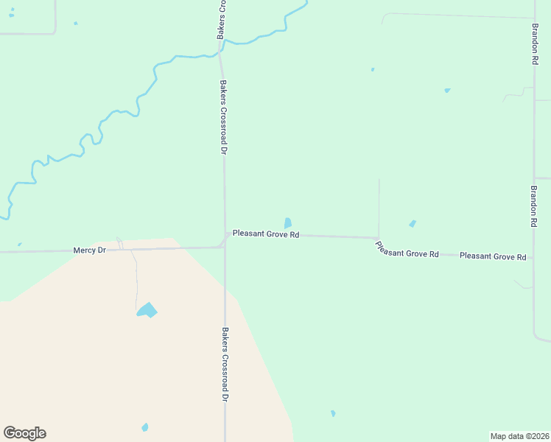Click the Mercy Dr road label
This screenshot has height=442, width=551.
[90, 250]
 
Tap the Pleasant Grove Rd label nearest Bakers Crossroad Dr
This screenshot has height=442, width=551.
[265, 234]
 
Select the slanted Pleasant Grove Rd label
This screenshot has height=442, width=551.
[407, 250]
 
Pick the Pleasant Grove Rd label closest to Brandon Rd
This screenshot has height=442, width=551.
[492, 256]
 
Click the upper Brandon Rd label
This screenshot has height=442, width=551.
[536, 44]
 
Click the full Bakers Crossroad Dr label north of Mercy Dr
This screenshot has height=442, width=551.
[222, 116]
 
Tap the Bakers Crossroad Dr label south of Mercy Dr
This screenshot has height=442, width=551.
[225, 364]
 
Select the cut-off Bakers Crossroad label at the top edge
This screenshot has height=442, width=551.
[221, 20]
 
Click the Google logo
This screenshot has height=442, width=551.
[24, 433]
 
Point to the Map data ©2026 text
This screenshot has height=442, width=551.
[520, 436]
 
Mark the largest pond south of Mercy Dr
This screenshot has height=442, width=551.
[147, 310]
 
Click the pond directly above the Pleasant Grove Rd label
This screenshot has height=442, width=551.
[287, 222]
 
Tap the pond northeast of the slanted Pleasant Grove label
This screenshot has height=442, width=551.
[413, 223]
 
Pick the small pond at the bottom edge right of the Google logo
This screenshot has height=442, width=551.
[144, 427]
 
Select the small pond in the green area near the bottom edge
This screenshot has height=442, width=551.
[333, 413]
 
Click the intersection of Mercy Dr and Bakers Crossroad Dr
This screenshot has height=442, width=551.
[225, 248]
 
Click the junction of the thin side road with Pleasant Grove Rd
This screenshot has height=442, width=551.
[379, 238]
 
